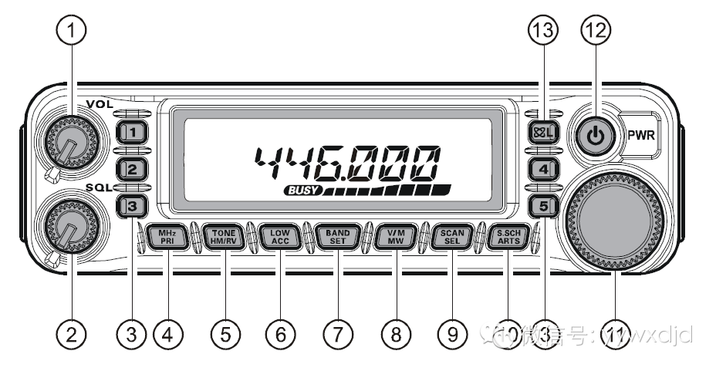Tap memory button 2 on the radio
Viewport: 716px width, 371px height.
[132, 168]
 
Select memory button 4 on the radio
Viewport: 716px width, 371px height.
[543, 168]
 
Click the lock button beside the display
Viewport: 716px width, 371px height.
[543, 133]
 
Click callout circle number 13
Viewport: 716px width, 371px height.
[543, 30]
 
